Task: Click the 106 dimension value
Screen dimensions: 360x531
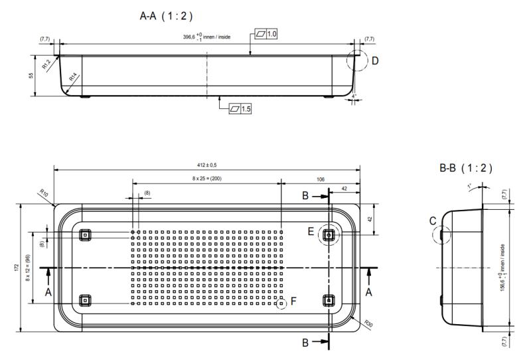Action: (x=321, y=179)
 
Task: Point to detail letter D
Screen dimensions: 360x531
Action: (x=374, y=61)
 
